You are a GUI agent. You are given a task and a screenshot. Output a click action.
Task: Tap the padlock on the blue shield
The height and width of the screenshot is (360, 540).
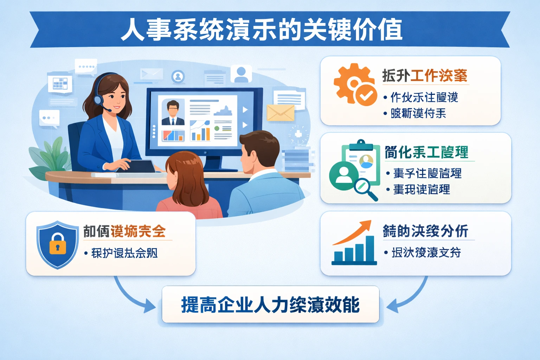[58, 244]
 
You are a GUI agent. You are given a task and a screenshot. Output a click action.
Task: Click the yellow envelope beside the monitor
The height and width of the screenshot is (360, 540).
[280, 113]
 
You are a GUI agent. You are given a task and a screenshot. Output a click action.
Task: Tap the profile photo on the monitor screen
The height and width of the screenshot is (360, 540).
[173, 112]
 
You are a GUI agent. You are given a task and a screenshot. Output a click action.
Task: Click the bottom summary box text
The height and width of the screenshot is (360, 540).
[270, 305]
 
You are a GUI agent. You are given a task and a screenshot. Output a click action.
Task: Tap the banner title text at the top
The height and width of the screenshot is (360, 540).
[262, 30]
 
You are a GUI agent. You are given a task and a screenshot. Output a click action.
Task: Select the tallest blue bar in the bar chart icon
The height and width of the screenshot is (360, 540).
[370, 249]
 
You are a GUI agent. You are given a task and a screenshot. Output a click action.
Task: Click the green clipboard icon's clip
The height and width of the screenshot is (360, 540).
[361, 143]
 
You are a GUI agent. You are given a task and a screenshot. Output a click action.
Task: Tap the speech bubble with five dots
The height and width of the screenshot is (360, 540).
[86, 66]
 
